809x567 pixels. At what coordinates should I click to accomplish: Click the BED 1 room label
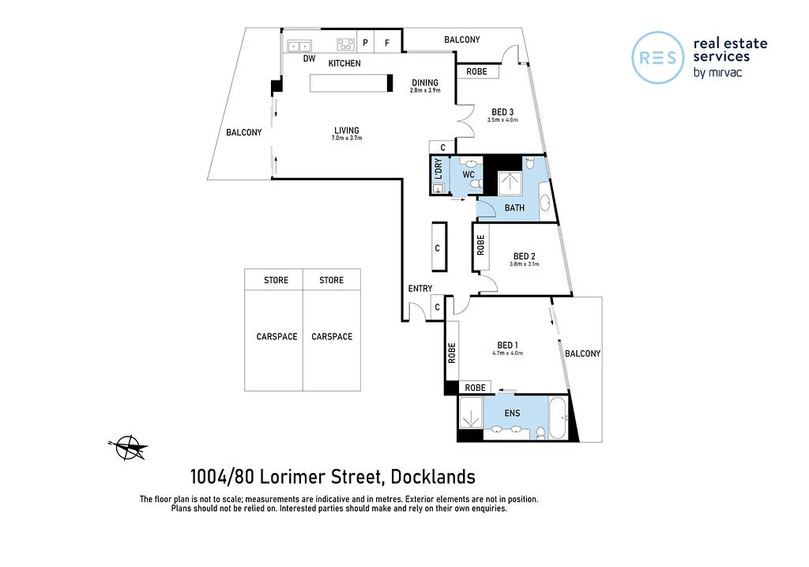(x=507, y=344)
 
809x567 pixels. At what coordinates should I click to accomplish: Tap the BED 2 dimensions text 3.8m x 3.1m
(x=525, y=264)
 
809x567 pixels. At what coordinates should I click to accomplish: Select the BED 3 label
(x=503, y=112)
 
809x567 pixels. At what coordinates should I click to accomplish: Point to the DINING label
(x=424, y=82)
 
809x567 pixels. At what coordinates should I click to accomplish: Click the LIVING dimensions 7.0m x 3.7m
(x=346, y=138)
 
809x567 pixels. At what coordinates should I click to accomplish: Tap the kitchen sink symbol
(x=299, y=45)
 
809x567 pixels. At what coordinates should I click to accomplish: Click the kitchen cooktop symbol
(x=345, y=44)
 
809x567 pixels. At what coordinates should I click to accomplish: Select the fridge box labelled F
(x=387, y=43)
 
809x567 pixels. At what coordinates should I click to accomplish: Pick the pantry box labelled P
(x=365, y=43)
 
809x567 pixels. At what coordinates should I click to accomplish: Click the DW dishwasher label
(x=309, y=59)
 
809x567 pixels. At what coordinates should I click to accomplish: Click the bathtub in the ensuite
(x=557, y=419)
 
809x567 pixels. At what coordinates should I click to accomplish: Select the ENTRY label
(x=420, y=289)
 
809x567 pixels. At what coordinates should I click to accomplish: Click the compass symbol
(x=127, y=448)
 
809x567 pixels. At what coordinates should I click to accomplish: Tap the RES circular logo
(x=658, y=57)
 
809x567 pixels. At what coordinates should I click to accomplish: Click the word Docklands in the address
(x=433, y=477)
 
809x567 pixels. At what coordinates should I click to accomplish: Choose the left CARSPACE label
(x=277, y=336)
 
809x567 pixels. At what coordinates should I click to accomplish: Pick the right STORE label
(x=332, y=280)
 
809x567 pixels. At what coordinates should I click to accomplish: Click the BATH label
(x=514, y=208)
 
